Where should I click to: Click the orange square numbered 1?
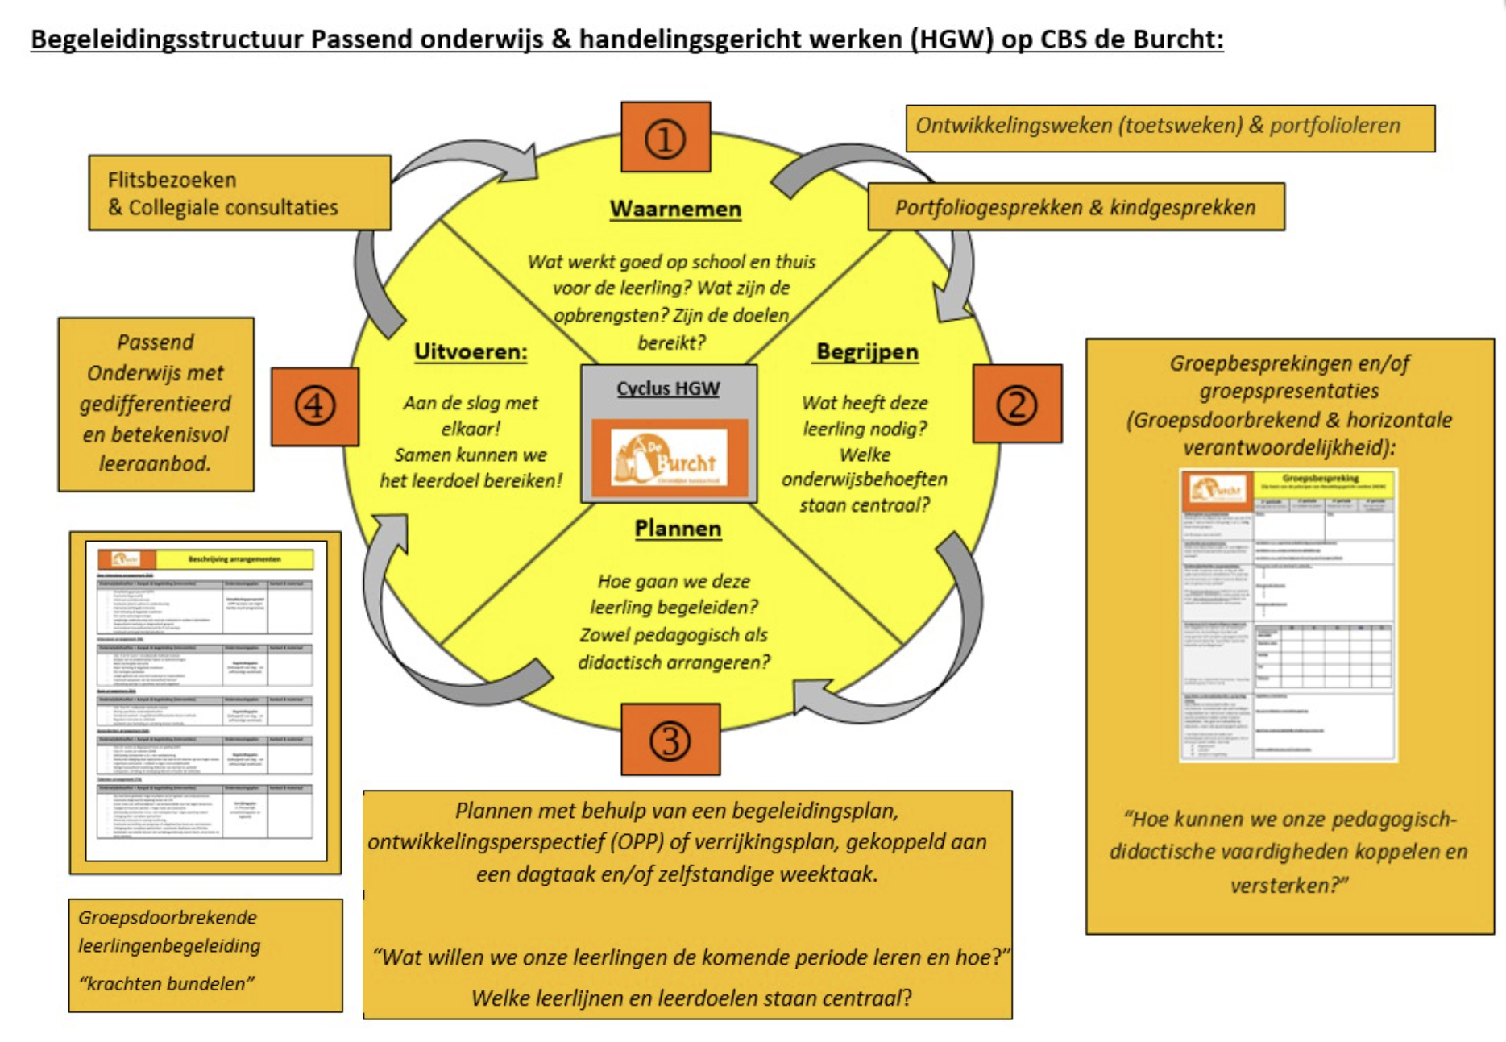pyautogui.click(x=666, y=138)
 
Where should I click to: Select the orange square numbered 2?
pyautogui.click(x=1017, y=404)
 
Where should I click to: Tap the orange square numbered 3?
pyautogui.click(x=670, y=740)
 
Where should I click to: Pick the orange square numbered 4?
pyautogui.click(x=315, y=406)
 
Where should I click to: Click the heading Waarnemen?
pyautogui.click(x=675, y=209)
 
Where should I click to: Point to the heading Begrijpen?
pyautogui.click(x=867, y=352)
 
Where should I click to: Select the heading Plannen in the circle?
pyautogui.click(x=678, y=529)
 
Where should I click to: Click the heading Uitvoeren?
pyautogui.click(x=471, y=352)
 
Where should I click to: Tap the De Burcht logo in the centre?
pyautogui.click(x=669, y=459)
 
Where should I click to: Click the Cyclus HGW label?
pyautogui.click(x=668, y=388)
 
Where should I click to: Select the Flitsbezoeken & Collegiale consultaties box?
pyautogui.click(x=239, y=193)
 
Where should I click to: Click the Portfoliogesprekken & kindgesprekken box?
pyautogui.click(x=1076, y=208)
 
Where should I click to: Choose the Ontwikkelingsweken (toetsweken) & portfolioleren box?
pyautogui.click(x=1169, y=127)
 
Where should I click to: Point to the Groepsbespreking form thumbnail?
pyautogui.click(x=1288, y=616)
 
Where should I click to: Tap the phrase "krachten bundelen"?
pyautogui.click(x=167, y=984)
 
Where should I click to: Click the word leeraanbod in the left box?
pyautogui.click(x=155, y=464)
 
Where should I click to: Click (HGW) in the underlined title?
pyautogui.click(x=952, y=39)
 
